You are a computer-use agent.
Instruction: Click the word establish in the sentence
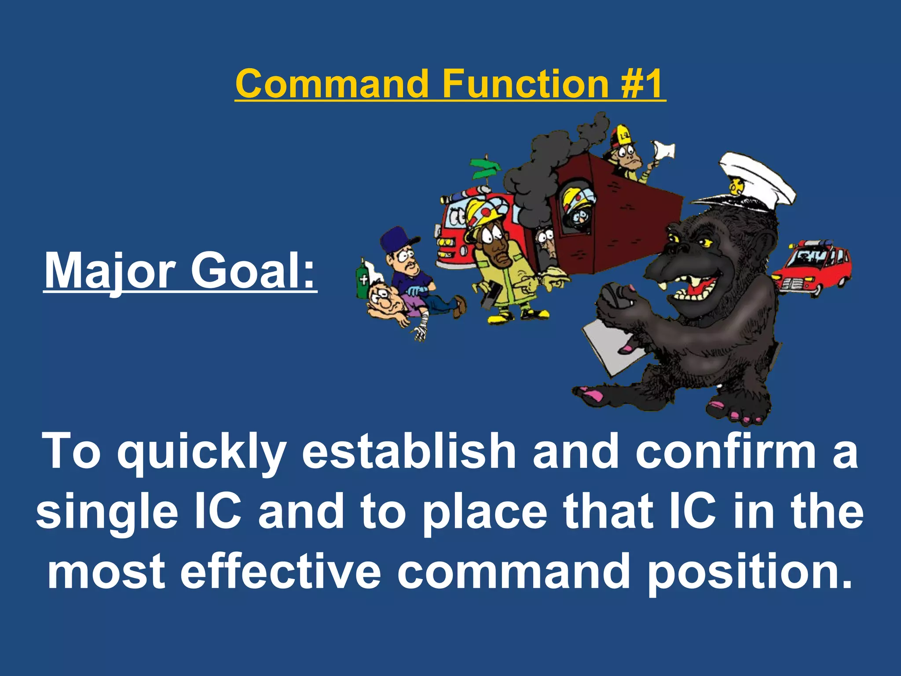pyautogui.click(x=409, y=451)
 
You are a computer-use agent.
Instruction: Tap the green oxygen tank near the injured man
pyautogui.click(x=364, y=280)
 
